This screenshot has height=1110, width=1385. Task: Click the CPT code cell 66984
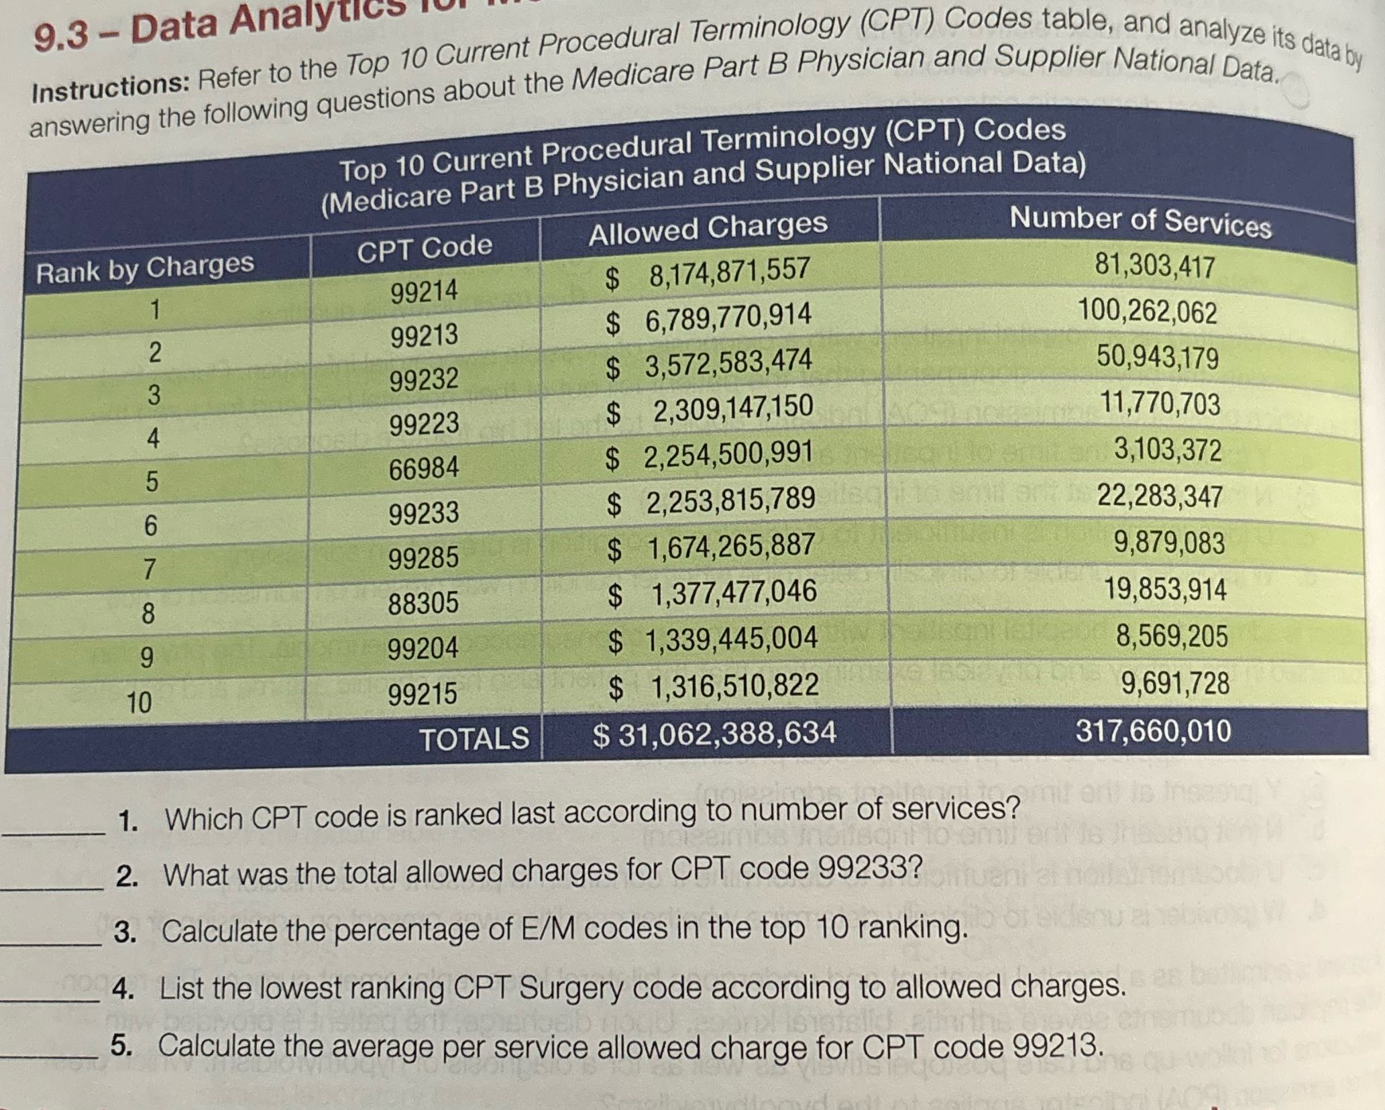pos(424,467)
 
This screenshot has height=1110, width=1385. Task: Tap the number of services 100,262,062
pos(1147,313)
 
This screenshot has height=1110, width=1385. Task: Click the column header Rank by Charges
pos(145,268)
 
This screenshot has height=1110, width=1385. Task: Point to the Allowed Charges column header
pos(708,227)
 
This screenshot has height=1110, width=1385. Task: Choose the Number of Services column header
pos(1140,222)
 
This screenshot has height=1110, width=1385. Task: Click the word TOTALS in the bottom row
pos(474,738)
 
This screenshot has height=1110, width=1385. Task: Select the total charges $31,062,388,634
pos(714,733)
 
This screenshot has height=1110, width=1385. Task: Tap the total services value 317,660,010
pos(1153,730)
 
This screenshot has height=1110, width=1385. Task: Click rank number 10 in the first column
pos(140,702)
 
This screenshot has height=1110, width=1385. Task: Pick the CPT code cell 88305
pos(423,602)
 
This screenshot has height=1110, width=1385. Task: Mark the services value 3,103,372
pos(1167,449)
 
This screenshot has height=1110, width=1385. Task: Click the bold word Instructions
pos(111,87)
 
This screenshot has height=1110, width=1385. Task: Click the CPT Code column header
pos(424,248)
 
